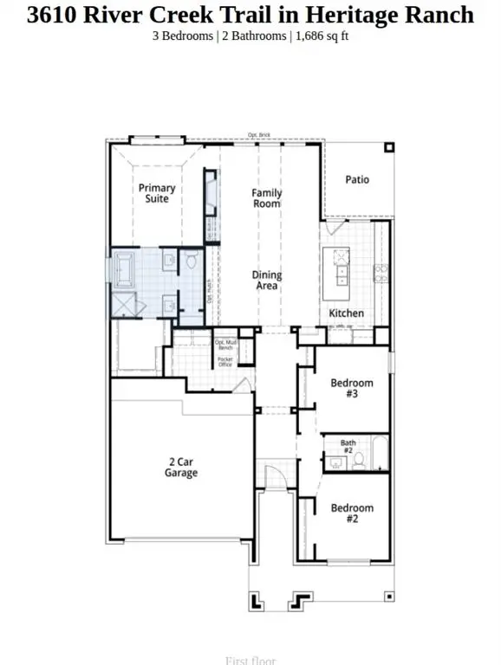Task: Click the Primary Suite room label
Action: pos(157,193)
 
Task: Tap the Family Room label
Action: pos(267,198)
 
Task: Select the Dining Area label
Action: pos(267,281)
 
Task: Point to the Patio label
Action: pos(357,179)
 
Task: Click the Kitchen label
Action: pos(346,313)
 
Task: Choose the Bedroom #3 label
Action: pos(352,389)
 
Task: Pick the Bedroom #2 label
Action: pos(352,513)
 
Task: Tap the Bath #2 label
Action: pos(348,447)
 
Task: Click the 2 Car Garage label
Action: pos(182,468)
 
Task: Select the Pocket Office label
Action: pos(224,361)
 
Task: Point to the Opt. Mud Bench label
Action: pos(225,345)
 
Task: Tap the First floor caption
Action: pos(250,661)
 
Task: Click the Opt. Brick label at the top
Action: pos(259,135)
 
